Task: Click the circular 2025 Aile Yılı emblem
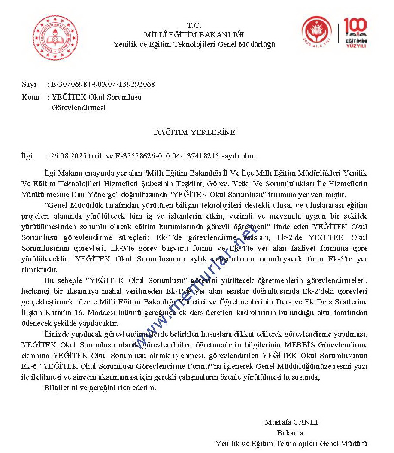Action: coord(316,32)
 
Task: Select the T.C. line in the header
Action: coord(194,25)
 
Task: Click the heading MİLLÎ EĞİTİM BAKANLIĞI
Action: coord(194,35)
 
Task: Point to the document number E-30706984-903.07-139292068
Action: coord(103,84)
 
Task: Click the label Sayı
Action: coord(29,84)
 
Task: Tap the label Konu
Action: coord(30,97)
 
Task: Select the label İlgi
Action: coord(27,156)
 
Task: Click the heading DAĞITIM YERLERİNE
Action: coord(194,132)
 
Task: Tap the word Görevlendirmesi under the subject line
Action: coord(78,108)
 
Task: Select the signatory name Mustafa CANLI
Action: coord(291,422)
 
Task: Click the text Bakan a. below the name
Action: coord(291,433)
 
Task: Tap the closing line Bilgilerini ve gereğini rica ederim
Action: coord(100,388)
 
